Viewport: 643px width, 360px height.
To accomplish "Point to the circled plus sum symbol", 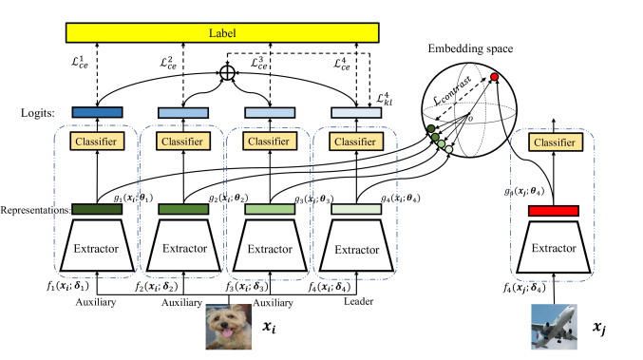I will point(227,71).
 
